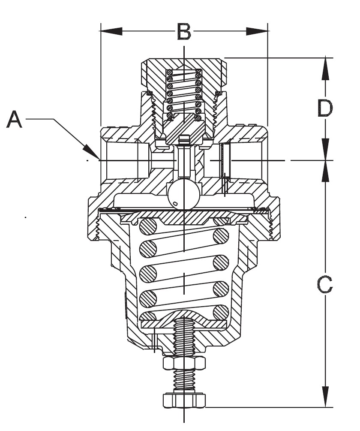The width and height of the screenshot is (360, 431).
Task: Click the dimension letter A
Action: [14, 119]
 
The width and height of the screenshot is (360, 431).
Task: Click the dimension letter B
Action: [184, 31]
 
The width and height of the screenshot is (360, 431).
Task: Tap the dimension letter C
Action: [325, 284]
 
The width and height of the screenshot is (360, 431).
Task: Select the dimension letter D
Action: [325, 108]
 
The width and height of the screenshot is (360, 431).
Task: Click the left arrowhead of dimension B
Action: [111, 31]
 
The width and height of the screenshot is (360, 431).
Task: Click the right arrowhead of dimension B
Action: [257, 31]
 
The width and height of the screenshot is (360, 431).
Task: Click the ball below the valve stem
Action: [184, 194]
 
